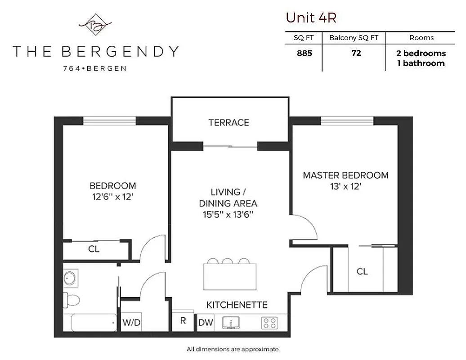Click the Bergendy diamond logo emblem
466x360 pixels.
point(95,25)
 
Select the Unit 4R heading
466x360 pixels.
point(311,18)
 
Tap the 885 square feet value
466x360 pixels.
point(304,53)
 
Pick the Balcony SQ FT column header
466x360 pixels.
point(354,38)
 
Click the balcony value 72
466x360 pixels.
point(356,53)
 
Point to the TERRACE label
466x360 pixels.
point(229,122)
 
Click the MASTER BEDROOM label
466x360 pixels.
point(345,175)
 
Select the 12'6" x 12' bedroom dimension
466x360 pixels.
point(112,197)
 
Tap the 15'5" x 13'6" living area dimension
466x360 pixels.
point(228,215)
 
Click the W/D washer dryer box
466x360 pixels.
point(131,322)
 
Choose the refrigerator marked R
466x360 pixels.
point(183,321)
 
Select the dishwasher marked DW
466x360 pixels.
point(206,322)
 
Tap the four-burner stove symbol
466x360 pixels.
point(270,323)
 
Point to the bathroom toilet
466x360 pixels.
point(72,298)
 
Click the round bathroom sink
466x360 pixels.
point(70,278)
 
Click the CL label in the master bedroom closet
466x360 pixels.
point(362,271)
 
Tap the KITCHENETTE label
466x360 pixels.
point(237,305)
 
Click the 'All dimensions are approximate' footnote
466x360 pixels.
point(233,349)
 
